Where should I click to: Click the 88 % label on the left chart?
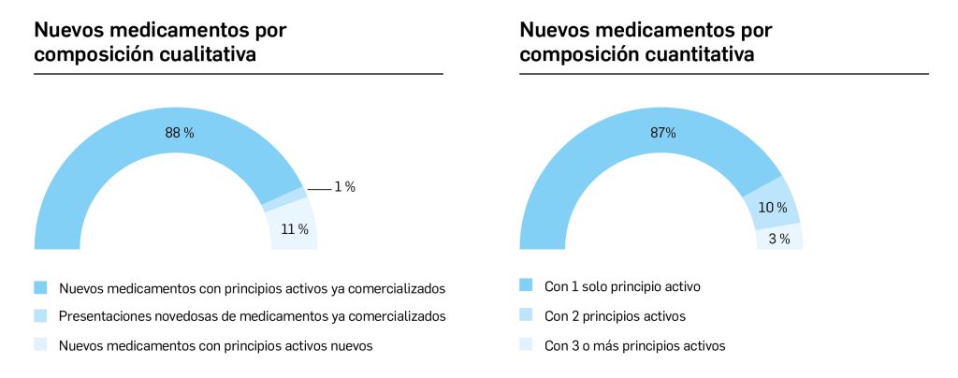coord(180,134)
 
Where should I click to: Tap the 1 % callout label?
coord(344,187)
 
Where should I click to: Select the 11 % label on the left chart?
coord(296,229)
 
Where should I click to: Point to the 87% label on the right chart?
coord(663,133)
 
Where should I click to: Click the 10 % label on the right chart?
coord(772,208)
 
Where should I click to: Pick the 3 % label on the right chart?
coord(779,240)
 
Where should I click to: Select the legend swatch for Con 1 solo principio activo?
coord(526,285)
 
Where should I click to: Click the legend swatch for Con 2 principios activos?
coord(526,315)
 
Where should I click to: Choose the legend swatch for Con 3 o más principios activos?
coord(526,345)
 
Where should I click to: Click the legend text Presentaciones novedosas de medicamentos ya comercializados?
coord(252,316)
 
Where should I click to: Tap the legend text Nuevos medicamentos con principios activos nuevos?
coord(215,346)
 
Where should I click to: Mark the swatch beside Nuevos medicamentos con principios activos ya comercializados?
coord(40,286)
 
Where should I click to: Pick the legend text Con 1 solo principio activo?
coord(622,286)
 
